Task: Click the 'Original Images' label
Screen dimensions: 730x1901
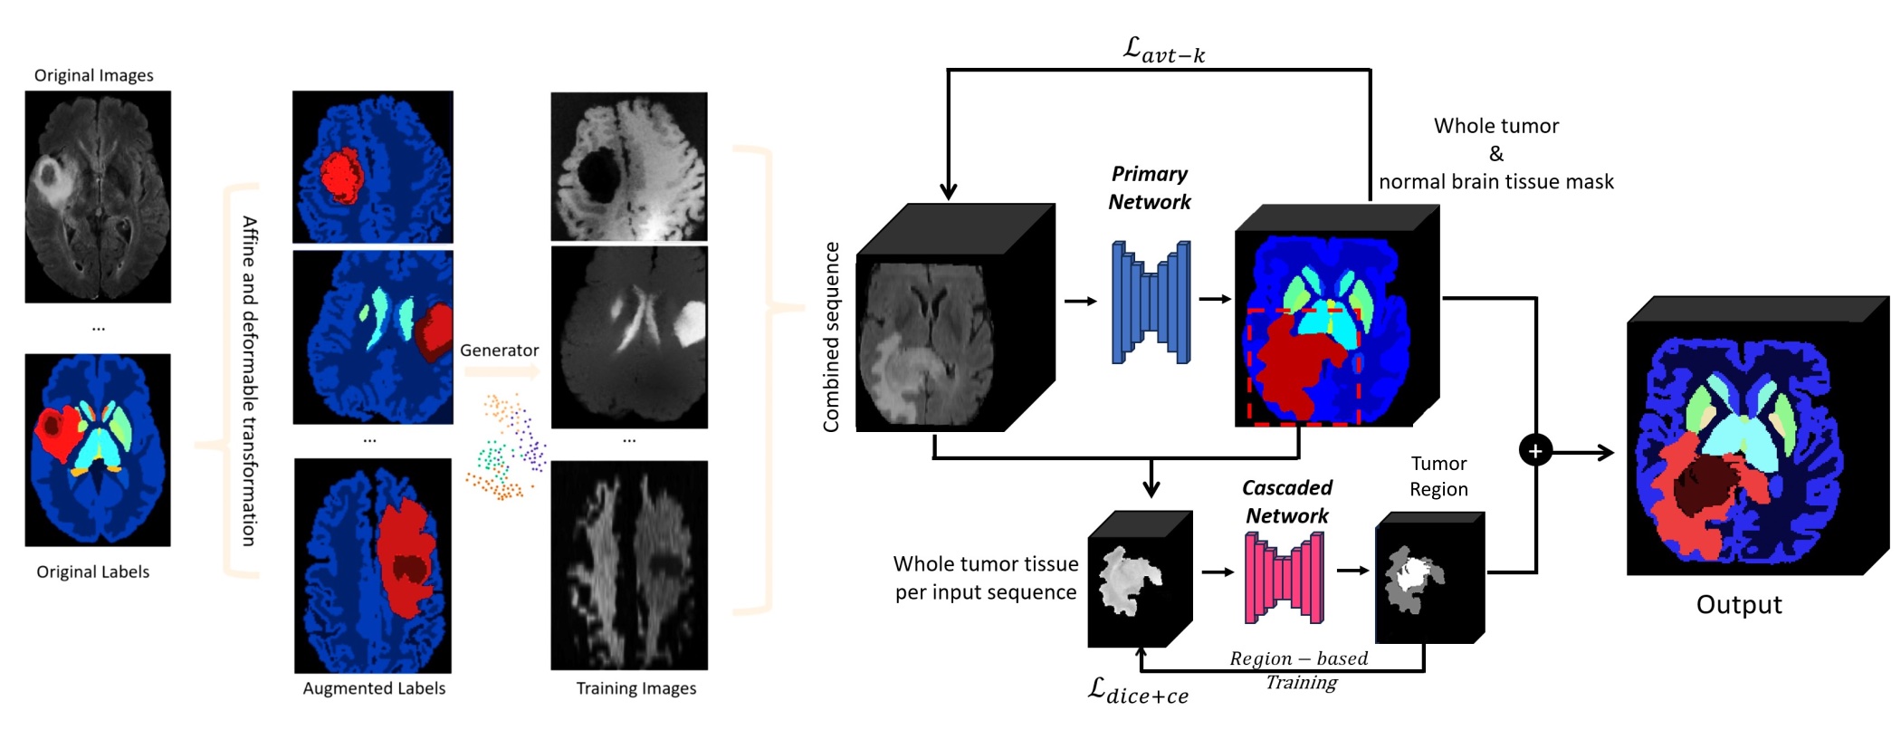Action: click(x=93, y=75)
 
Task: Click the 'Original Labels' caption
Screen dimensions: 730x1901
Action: click(x=92, y=572)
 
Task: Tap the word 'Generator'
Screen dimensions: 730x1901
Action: click(x=499, y=351)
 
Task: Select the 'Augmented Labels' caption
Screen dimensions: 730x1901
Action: click(x=374, y=688)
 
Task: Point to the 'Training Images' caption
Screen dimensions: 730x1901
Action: click(x=636, y=688)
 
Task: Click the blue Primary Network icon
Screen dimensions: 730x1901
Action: click(x=1151, y=302)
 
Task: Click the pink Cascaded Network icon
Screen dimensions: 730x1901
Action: click(x=1284, y=577)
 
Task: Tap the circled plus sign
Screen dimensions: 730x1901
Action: click(x=1535, y=450)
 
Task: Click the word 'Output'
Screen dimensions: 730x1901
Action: click(x=1738, y=605)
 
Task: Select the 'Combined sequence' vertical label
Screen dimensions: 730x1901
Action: click(x=831, y=336)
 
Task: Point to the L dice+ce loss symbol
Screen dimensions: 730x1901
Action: click(x=1137, y=691)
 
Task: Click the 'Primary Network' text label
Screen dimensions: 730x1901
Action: click(x=1150, y=187)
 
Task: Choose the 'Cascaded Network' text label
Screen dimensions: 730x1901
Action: click(x=1286, y=502)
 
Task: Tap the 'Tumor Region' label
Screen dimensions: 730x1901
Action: click(x=1438, y=476)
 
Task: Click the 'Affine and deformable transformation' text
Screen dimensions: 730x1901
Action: click(x=249, y=380)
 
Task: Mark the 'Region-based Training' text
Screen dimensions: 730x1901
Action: click(x=1300, y=670)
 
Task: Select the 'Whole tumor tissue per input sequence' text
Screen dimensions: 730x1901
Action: click(x=986, y=578)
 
